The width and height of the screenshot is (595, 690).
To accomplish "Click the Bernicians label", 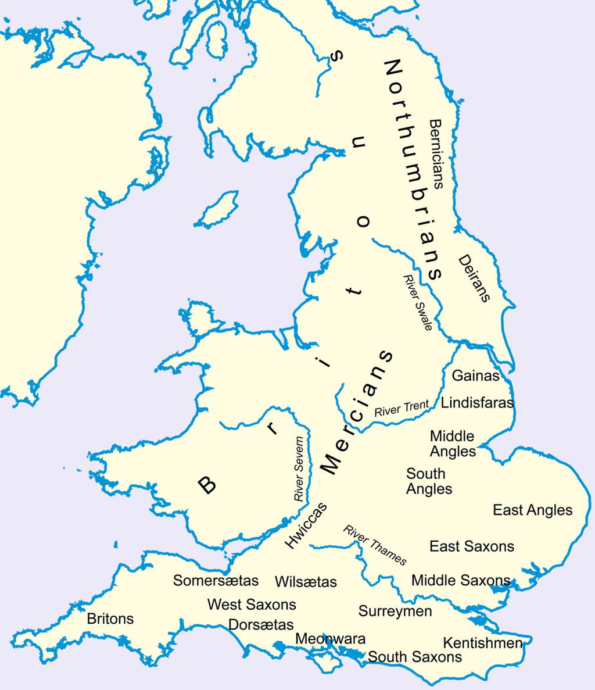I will click(x=436, y=154).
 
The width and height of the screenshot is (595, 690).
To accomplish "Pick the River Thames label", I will click(x=375, y=545).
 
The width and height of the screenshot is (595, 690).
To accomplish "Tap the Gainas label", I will click(x=475, y=376).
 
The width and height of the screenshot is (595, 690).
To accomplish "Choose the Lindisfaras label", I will click(x=477, y=402).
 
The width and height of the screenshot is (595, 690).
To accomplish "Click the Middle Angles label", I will click(x=453, y=444).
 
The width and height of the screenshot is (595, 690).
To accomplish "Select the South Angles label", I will click(x=429, y=481).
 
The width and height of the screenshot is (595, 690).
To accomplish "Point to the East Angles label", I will click(x=532, y=510).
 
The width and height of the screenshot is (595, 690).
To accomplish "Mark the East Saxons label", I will click(x=471, y=546).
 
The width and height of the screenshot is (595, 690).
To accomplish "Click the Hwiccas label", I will click(x=306, y=525).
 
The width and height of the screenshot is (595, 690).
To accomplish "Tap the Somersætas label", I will click(x=216, y=580).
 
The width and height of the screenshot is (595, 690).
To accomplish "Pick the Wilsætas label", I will click(x=306, y=581).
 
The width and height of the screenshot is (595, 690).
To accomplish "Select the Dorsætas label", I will click(x=261, y=625).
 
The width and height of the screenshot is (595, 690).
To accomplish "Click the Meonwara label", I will click(x=331, y=639).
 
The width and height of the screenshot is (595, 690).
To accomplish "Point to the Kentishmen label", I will click(x=482, y=643).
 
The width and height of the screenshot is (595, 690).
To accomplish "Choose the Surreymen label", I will click(x=395, y=612).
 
